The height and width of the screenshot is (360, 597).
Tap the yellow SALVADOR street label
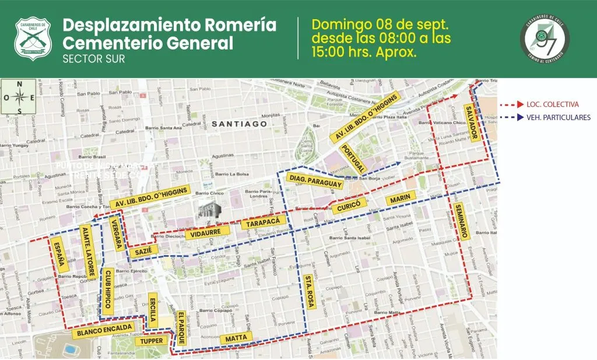[x=472, y=123]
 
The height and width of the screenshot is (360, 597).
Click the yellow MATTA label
[x=237, y=338]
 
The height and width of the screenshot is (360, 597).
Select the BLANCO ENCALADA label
[x=102, y=331]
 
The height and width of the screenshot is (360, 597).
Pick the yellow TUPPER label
[x=152, y=341]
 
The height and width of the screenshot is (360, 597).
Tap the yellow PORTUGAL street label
[x=353, y=158]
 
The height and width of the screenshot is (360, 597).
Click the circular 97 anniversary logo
[x=545, y=38]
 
